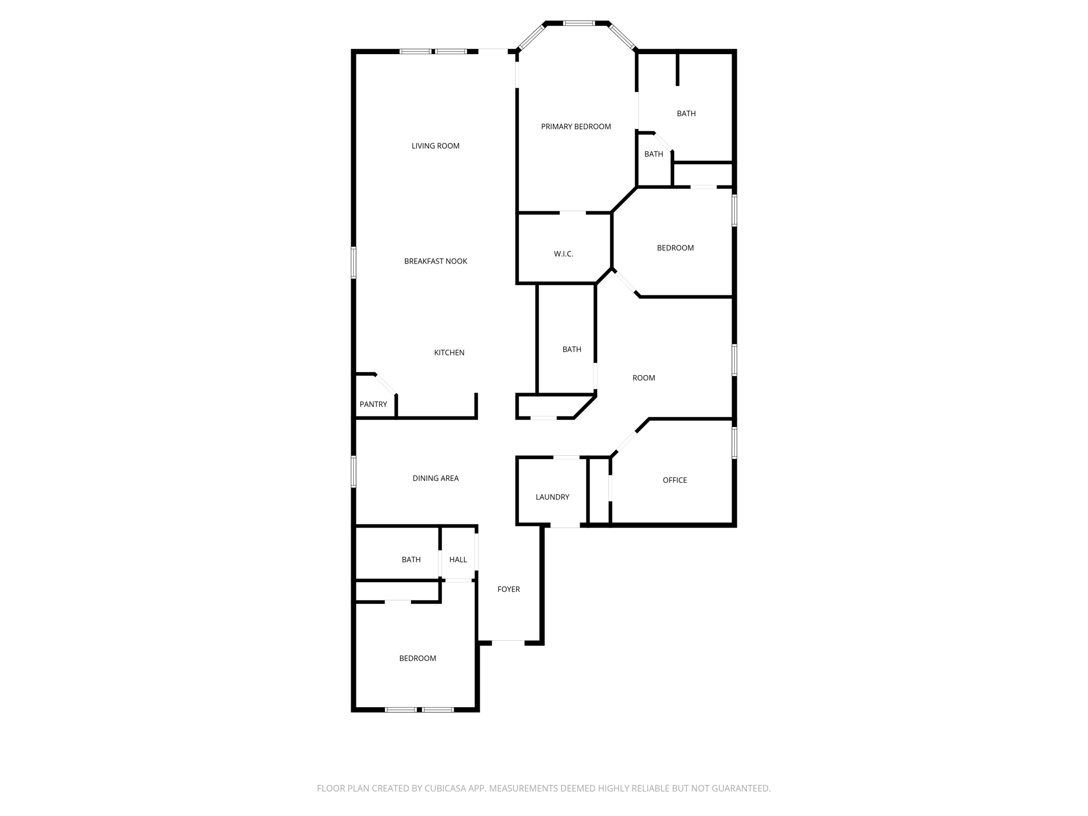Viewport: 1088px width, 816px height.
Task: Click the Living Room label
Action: tap(435, 146)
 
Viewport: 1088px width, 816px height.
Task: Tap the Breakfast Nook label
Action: tap(435, 261)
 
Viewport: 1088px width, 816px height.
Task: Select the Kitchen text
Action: tap(449, 353)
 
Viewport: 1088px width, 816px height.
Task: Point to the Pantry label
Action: tap(373, 404)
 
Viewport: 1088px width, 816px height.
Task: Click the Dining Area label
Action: tap(435, 478)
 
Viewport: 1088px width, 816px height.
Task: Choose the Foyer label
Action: tap(508, 589)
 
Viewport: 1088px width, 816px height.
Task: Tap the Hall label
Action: tap(458, 559)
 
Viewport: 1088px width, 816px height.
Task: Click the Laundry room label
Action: tap(552, 497)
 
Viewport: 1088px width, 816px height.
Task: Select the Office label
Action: tap(675, 480)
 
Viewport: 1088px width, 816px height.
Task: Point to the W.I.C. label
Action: tap(563, 254)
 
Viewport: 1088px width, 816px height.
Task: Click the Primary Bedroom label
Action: tap(576, 126)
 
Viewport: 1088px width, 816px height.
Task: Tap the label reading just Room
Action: tap(643, 378)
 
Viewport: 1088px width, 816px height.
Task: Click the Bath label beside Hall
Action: tap(411, 559)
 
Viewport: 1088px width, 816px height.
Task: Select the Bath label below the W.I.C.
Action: tap(572, 350)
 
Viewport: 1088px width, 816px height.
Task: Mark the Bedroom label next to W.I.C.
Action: tap(675, 248)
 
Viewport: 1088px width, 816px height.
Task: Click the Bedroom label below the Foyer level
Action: tap(418, 658)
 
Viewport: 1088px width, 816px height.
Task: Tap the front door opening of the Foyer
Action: tap(508, 643)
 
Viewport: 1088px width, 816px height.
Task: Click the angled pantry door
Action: tap(386, 385)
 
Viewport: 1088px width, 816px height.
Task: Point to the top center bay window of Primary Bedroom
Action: tap(579, 23)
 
